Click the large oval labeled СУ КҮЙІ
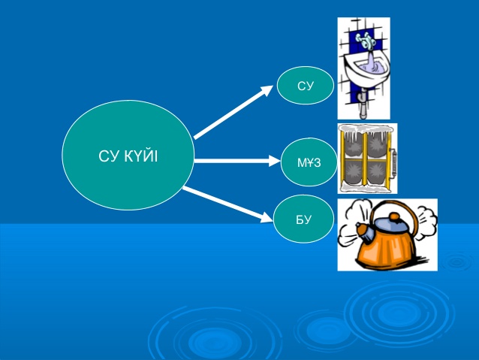coord(128,155)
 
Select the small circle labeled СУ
coord(305,85)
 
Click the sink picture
coord(363,68)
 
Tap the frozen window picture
coord(367,158)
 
